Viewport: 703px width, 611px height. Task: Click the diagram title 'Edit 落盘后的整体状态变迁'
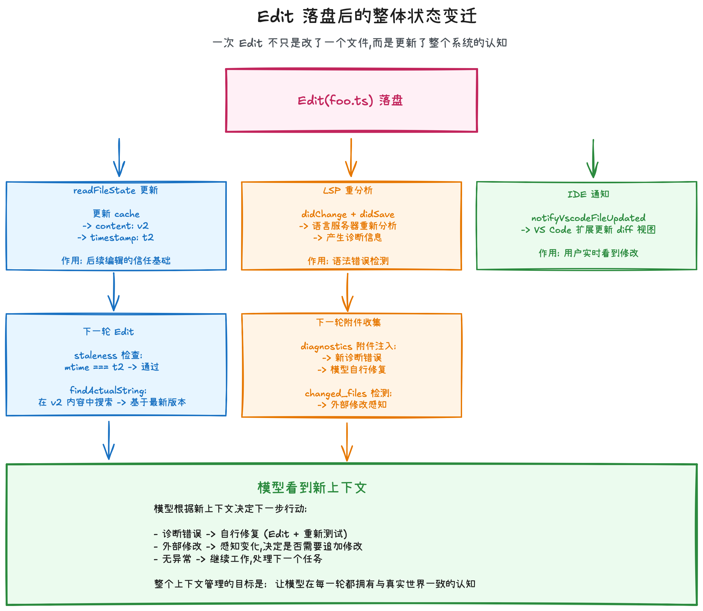[x=367, y=16]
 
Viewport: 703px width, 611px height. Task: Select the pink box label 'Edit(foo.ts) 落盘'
[x=350, y=101]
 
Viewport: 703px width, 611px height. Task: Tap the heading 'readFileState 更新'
[x=116, y=190]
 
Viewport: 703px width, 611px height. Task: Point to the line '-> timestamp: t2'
[x=116, y=237]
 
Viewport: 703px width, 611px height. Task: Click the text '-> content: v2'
[x=116, y=226]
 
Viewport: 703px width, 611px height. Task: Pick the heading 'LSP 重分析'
[x=348, y=190]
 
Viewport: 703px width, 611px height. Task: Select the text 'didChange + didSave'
[x=348, y=214]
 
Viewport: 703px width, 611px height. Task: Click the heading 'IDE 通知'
[x=588, y=194]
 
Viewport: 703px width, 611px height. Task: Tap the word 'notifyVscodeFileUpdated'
[x=588, y=218]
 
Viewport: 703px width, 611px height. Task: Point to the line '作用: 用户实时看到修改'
[x=588, y=253]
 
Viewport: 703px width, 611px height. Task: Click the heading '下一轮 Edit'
[x=108, y=331]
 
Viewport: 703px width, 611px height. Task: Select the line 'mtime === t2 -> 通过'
[x=112, y=367]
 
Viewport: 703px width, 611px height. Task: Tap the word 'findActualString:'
[x=108, y=390]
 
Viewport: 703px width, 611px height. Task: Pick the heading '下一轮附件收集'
[x=348, y=322]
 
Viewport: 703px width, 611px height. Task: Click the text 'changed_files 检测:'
[x=348, y=393]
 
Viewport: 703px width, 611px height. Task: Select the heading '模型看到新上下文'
[x=312, y=488]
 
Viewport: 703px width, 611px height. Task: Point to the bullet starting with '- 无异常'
[x=238, y=559]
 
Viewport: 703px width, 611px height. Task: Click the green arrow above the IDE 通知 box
[x=593, y=158]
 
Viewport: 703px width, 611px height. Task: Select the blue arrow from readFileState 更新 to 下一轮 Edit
[x=114, y=291]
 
